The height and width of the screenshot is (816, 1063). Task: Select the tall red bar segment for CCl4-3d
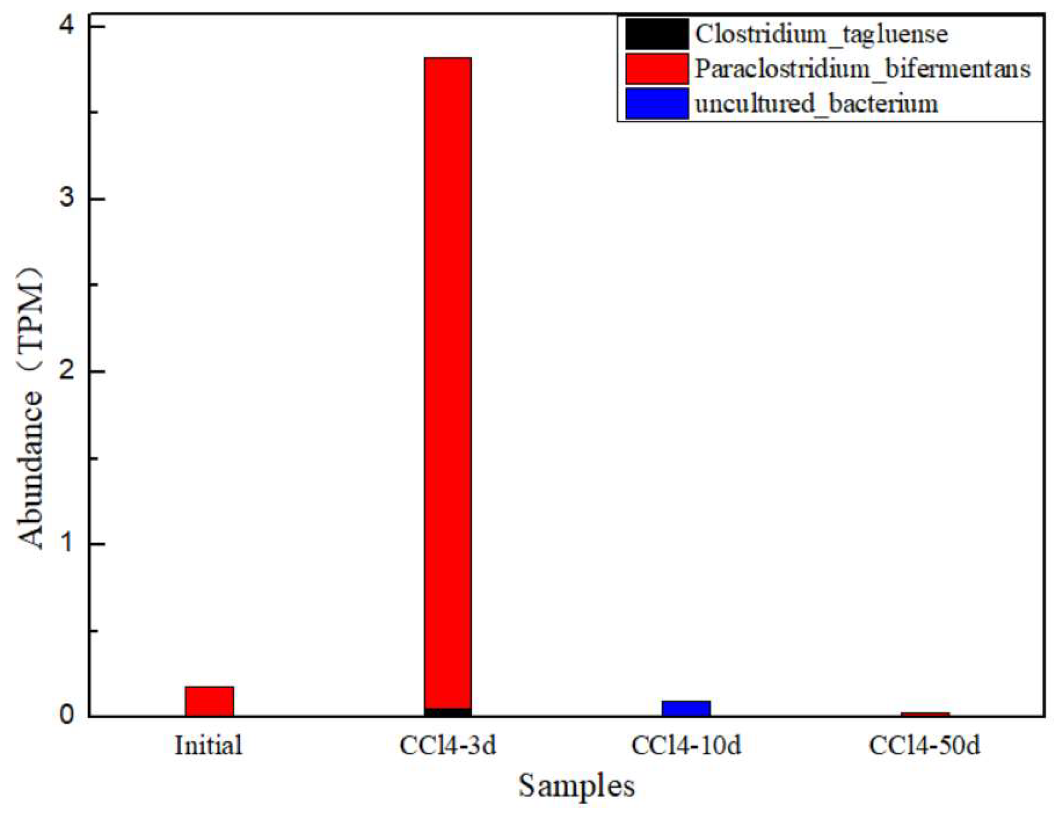(x=447, y=379)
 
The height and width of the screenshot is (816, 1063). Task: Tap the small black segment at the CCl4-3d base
(x=447, y=712)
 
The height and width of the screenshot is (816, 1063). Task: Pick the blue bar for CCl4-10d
(x=686, y=708)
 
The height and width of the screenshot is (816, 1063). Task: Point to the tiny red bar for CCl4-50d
(x=924, y=714)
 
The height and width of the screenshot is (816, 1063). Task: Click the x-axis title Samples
(x=576, y=786)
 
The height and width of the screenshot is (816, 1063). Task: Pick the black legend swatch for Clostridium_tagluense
(x=656, y=34)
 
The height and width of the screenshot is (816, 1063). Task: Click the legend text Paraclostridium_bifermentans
(x=862, y=69)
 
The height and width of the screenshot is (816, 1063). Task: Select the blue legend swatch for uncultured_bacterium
(x=656, y=103)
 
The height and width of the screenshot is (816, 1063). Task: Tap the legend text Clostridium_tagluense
(x=820, y=34)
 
